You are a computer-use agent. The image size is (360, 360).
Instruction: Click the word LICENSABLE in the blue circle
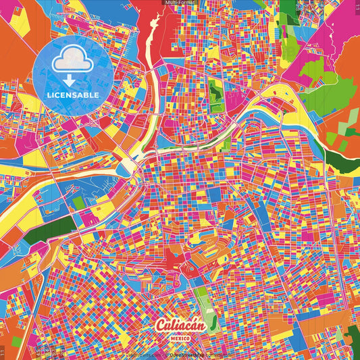(73, 95)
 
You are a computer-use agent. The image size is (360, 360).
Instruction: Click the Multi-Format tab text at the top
(180, 3)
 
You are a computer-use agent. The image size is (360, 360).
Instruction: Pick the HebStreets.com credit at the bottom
(143, 355)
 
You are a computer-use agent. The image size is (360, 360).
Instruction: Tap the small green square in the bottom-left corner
(16, 342)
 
